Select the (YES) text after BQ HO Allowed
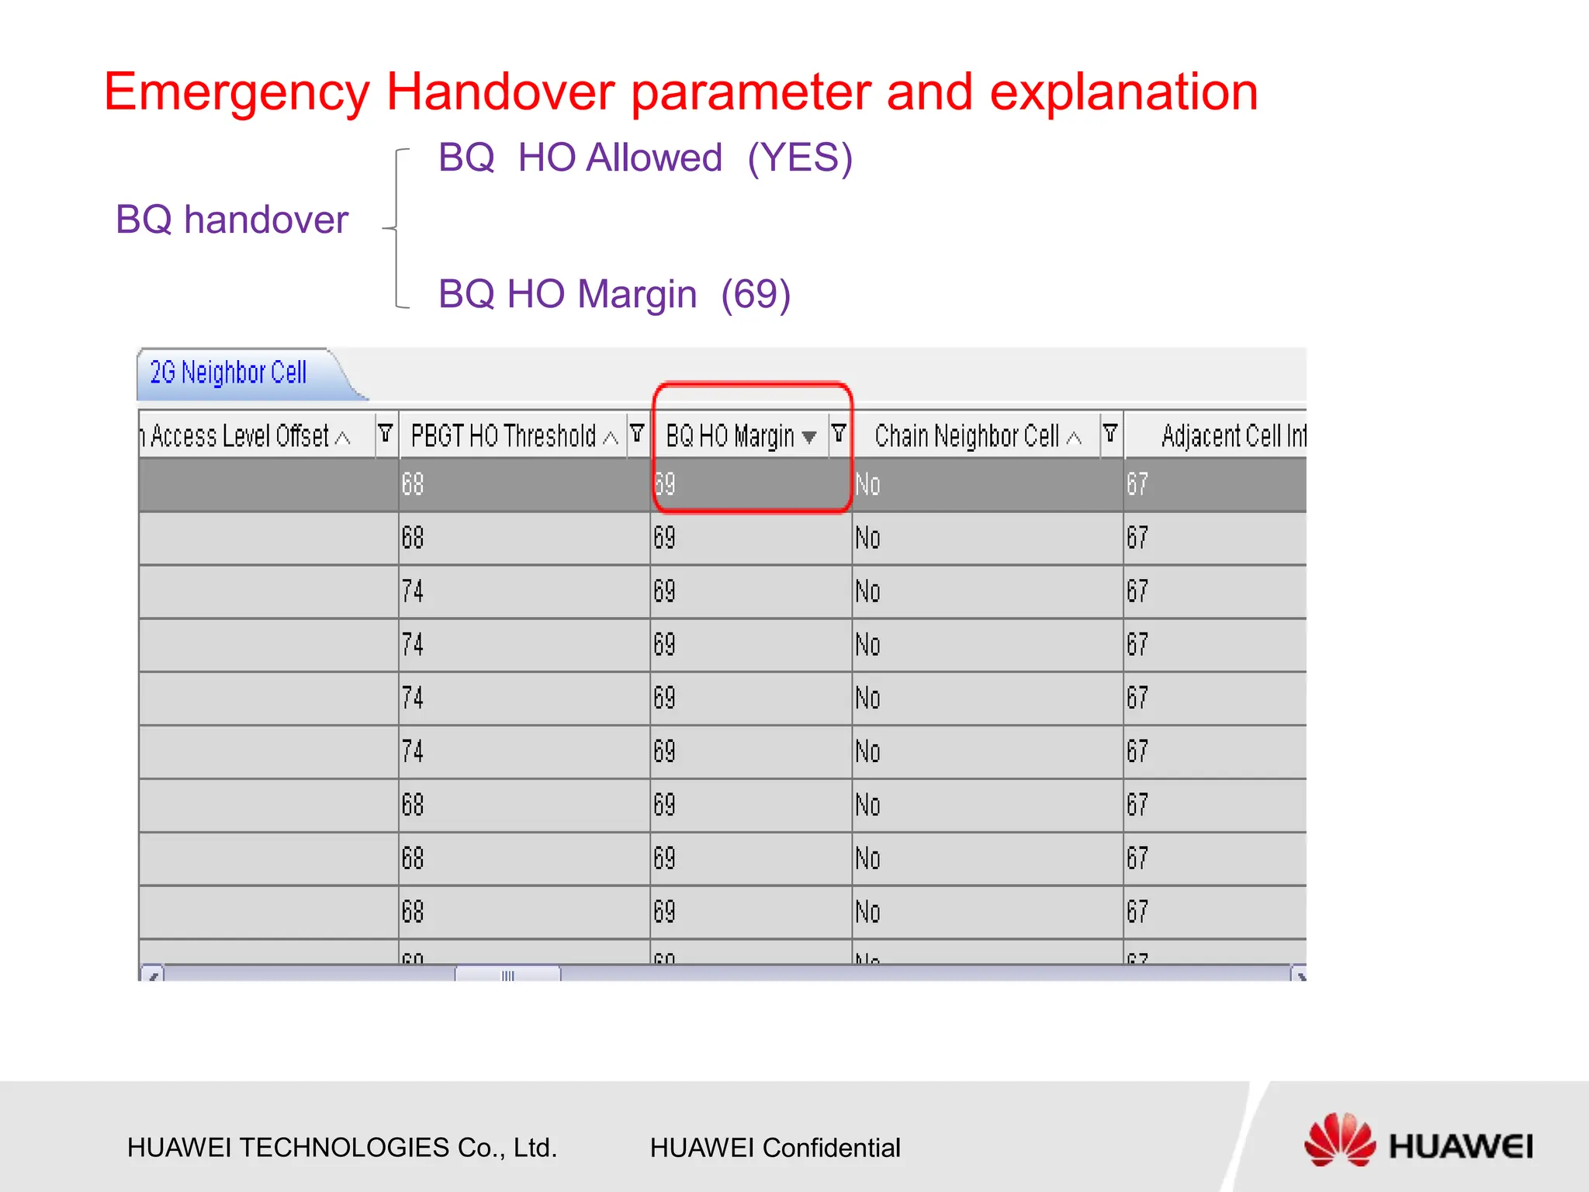pyautogui.click(x=800, y=158)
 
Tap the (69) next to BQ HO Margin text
pyautogui.click(x=755, y=294)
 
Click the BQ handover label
pyautogui.click(x=232, y=220)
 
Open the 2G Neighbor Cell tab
pyautogui.click(x=228, y=373)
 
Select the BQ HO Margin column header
pyautogui.click(x=730, y=436)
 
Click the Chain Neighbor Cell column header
pyautogui.click(x=967, y=436)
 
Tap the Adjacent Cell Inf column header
pyautogui.click(x=1232, y=436)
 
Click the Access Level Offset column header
pyautogui.click(x=241, y=436)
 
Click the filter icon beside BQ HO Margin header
pyautogui.click(x=839, y=433)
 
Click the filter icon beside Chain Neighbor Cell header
pyautogui.click(x=1110, y=433)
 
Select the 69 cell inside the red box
pyautogui.click(x=666, y=485)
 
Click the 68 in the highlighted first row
pyautogui.click(x=413, y=485)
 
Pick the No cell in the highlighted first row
pyautogui.click(x=867, y=485)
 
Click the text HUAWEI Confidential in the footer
pyautogui.click(x=775, y=1148)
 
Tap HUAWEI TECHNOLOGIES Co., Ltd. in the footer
pyautogui.click(x=342, y=1148)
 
